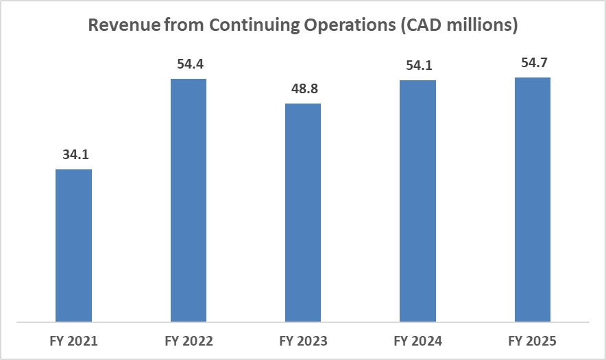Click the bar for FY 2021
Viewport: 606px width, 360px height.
coord(73,245)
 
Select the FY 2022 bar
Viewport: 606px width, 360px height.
coord(188,200)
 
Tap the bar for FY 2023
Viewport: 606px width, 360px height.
coord(303,212)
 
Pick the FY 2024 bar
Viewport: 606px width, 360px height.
coord(417,200)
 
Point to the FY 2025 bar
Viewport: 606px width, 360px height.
coord(533,199)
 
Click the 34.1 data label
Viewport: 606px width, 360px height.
coord(73,155)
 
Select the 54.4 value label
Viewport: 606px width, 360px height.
coord(188,64)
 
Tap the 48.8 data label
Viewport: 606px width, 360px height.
coord(303,89)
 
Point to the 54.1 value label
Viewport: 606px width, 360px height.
coord(417,66)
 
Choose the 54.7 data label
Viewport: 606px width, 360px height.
coord(533,63)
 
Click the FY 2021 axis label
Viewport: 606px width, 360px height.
coord(73,341)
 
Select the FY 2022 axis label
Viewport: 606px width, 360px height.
coord(188,341)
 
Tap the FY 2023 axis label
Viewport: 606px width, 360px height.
coord(303,341)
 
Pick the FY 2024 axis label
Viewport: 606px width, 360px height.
coord(417,341)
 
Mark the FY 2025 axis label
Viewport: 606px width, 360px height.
coord(533,341)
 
